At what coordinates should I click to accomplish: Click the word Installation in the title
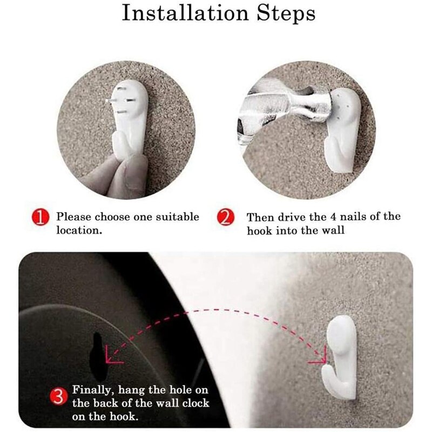(185, 13)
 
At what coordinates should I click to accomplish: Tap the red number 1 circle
(40, 218)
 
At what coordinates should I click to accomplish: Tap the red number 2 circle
(226, 218)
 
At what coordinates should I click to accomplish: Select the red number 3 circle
(58, 397)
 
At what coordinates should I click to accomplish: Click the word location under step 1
(79, 231)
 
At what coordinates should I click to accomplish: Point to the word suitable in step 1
(178, 217)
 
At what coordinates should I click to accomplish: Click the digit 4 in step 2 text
(333, 217)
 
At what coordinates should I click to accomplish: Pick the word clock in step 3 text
(196, 403)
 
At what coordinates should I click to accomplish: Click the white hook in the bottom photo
(340, 357)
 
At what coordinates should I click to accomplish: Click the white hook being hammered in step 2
(342, 130)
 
